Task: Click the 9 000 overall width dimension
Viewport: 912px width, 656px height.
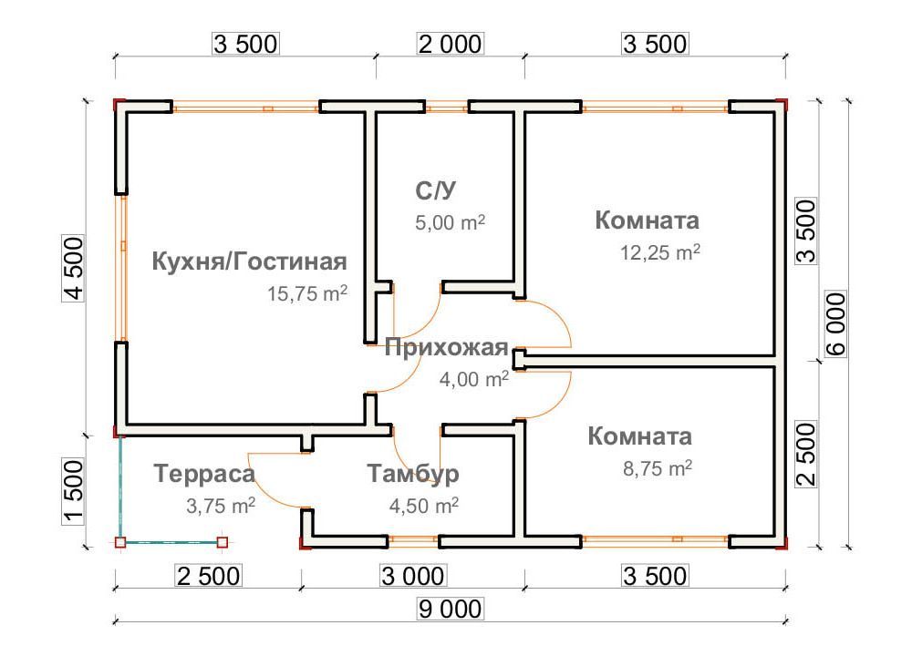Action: tap(451, 609)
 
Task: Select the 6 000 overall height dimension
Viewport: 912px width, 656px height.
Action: tap(835, 323)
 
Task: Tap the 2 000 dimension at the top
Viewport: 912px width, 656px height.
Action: tap(451, 44)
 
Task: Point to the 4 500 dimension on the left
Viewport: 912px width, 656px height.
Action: tap(73, 269)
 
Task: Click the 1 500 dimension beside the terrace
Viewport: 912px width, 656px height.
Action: tap(73, 492)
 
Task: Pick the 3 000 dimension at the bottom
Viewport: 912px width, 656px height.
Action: tap(413, 576)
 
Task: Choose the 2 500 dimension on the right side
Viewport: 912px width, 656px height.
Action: tap(806, 455)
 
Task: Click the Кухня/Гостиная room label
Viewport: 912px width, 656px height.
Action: tap(250, 262)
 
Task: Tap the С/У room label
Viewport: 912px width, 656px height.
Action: tap(436, 190)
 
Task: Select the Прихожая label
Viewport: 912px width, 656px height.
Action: tap(447, 347)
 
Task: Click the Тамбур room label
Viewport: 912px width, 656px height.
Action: tap(413, 474)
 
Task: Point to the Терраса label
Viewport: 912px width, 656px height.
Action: tap(204, 474)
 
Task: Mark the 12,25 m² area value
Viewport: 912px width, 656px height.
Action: tap(660, 252)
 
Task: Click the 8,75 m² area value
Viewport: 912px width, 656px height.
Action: tap(658, 467)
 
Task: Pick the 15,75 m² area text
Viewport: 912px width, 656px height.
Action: tap(307, 293)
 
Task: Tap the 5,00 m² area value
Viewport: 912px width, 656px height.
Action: tap(451, 222)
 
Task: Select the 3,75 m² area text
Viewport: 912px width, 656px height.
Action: tap(221, 506)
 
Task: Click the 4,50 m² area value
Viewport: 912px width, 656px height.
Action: tap(424, 506)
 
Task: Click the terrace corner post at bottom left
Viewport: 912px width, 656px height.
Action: tap(120, 543)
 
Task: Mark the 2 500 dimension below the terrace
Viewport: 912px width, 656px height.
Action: tap(208, 576)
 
